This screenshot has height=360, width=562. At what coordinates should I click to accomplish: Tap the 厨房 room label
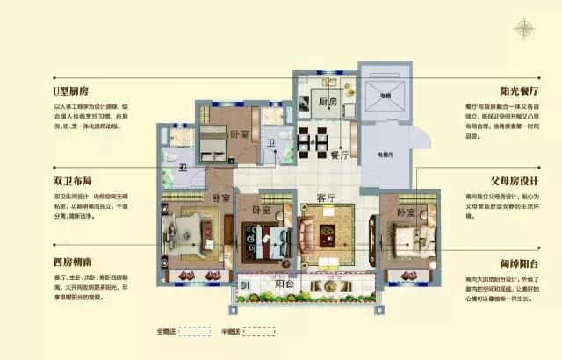coord(327,102)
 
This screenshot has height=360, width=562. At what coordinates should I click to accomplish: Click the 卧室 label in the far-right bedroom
coord(405,213)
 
